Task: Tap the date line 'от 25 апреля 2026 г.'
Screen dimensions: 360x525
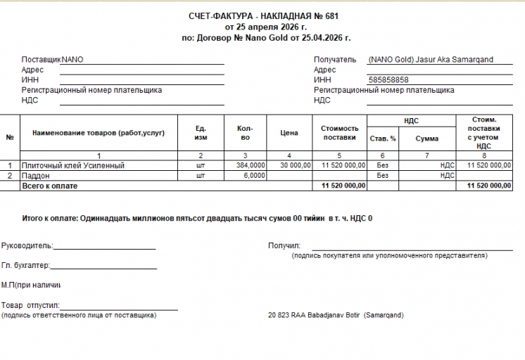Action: [x=266, y=27]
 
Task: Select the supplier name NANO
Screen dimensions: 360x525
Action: [x=72, y=60]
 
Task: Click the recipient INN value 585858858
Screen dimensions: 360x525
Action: [x=388, y=80]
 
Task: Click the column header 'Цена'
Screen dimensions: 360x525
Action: [x=289, y=133]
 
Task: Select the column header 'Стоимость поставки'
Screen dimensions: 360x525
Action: [x=340, y=133]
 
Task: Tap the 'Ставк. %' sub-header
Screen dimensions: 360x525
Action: [x=383, y=139]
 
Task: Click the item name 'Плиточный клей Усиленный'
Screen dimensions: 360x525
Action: [x=73, y=165]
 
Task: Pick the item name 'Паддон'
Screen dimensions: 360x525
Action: [x=34, y=175]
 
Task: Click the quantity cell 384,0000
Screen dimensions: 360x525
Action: [x=251, y=165]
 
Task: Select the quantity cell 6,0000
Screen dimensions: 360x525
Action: [x=254, y=175]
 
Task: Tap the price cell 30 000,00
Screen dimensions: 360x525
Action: [x=296, y=165]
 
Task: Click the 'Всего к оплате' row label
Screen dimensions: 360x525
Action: [x=50, y=186]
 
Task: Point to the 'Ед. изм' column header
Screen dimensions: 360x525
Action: [x=201, y=133]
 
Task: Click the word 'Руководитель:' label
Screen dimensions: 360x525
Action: [x=27, y=246]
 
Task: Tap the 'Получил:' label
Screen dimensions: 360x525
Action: [x=284, y=246]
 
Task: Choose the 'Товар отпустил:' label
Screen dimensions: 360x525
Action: [x=31, y=306]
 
